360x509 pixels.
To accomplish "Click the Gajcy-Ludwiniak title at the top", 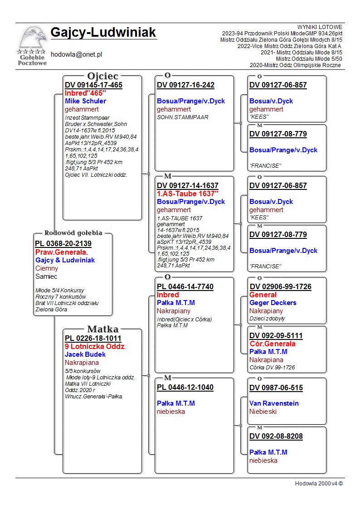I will pos(103,33).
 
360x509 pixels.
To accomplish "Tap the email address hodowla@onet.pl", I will pos(76,54).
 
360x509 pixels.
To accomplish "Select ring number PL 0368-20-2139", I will pos(63,244).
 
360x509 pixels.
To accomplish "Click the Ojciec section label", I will pos(103,76).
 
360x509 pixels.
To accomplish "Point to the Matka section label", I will pos(103,329).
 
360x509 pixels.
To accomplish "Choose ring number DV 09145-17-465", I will pos(93,85).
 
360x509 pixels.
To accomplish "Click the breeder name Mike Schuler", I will pos(85,101).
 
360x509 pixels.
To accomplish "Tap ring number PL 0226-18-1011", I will pos(93,338).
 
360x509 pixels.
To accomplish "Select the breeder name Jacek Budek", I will pos(85,354).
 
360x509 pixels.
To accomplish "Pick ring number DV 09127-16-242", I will pos(185,85).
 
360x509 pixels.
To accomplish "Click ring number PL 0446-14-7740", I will pos(185,287).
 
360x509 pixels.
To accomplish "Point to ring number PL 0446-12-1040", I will pos(185,388).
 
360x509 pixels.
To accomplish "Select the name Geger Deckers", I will pos(272,303).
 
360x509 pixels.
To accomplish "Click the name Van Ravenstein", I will pos(274,403).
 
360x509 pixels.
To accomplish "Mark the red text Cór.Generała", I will pos(272,344).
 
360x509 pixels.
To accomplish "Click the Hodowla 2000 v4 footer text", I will pos(319,484).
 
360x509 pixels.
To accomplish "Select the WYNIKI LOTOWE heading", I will pos(320,27).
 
